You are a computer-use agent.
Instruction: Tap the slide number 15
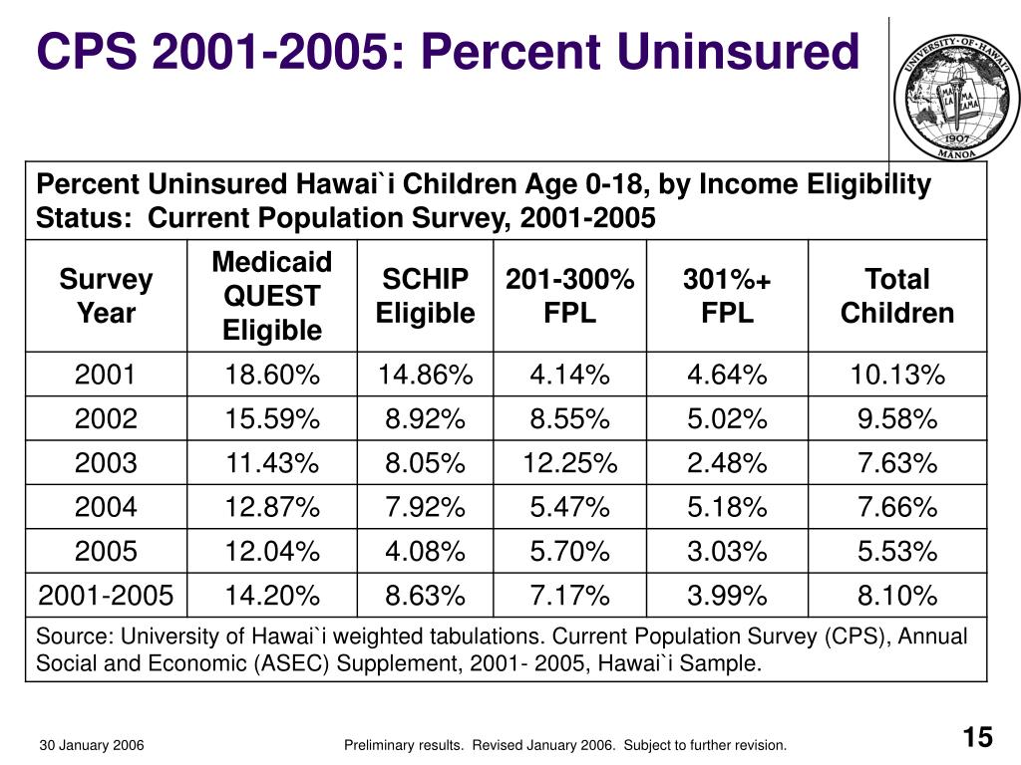click(978, 738)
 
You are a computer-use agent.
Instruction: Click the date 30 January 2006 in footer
click(92, 745)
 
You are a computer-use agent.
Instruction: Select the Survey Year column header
click(106, 296)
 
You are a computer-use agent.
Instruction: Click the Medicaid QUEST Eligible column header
click(271, 296)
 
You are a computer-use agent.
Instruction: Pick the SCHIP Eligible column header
click(425, 296)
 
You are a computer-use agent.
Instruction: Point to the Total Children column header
click(896, 296)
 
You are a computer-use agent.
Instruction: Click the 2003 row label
click(106, 463)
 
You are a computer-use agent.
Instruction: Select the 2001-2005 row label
click(106, 596)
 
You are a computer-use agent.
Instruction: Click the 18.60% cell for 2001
click(271, 376)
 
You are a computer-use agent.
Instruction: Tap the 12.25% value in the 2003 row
click(569, 463)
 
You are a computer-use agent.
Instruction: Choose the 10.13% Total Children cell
click(896, 376)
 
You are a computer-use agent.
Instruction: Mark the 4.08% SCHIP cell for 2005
click(425, 552)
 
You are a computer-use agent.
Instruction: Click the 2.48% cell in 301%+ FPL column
click(727, 463)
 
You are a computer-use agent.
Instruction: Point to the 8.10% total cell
click(896, 596)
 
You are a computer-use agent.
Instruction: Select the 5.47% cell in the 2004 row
click(569, 508)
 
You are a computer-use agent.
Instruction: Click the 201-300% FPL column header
click(569, 296)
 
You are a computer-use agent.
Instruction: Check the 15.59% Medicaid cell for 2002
click(271, 419)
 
